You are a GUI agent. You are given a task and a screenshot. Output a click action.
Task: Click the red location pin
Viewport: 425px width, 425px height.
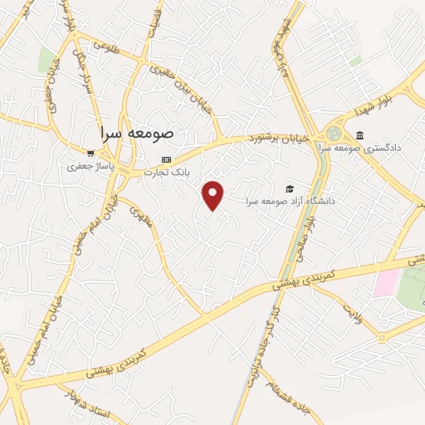tap(214, 195)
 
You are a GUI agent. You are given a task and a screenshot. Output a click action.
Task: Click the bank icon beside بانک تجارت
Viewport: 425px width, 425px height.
tap(167, 159)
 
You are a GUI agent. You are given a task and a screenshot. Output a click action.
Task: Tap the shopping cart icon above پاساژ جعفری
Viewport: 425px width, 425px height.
tap(90, 153)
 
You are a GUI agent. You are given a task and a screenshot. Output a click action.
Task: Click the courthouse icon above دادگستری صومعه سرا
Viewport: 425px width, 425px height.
tap(359, 134)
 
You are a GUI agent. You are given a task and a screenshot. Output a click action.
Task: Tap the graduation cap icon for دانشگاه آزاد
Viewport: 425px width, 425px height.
tap(290, 188)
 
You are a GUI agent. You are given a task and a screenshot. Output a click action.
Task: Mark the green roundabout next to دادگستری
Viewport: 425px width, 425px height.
tap(334, 133)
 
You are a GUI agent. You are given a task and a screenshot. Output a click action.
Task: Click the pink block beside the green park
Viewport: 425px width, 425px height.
tap(385, 283)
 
